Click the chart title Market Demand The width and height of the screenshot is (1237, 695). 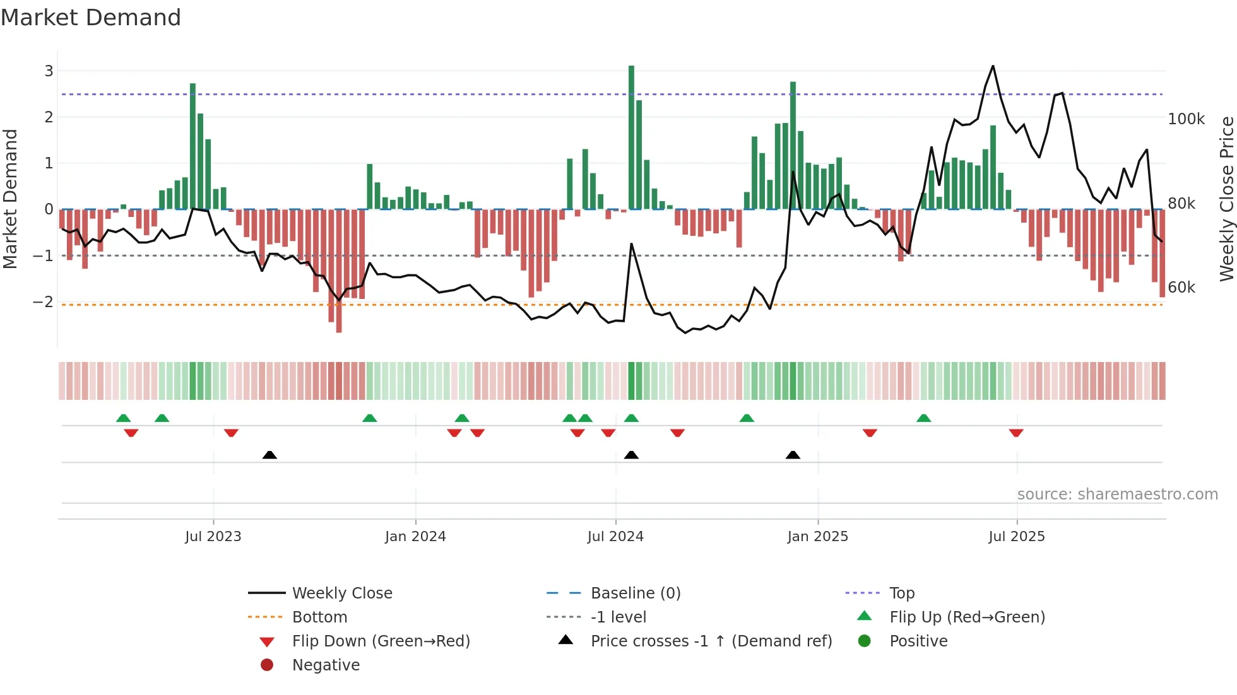pyautogui.click(x=91, y=18)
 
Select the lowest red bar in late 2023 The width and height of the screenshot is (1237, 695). pyautogui.click(x=339, y=271)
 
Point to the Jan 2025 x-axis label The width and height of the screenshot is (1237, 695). pyautogui.click(x=817, y=537)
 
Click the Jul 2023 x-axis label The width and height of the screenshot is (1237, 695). pyautogui.click(x=213, y=537)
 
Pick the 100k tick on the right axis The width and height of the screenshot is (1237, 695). pyautogui.click(x=1186, y=119)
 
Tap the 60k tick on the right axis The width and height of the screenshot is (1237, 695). pyautogui.click(x=1181, y=288)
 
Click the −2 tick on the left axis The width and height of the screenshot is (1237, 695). pyautogui.click(x=44, y=302)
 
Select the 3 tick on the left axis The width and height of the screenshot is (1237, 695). pyautogui.click(x=49, y=71)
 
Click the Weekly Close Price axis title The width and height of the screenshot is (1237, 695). pyautogui.click(x=1226, y=199)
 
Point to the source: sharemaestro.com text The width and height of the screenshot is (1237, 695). pyautogui.click(x=1117, y=494)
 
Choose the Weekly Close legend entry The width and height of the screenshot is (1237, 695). pyautogui.click(x=341, y=593)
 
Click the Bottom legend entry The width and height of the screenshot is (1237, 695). pyautogui.click(x=319, y=617)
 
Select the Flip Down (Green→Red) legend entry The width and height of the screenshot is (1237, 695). pyautogui.click(x=381, y=641)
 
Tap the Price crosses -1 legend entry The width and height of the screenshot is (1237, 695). pyautogui.click(x=711, y=641)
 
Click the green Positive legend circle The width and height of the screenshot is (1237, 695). pyautogui.click(x=865, y=641)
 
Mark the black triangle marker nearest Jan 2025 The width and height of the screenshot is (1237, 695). pyautogui.click(x=793, y=455)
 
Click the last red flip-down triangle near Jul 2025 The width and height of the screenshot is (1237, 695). pyautogui.click(x=1016, y=433)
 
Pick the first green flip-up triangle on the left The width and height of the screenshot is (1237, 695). pyautogui.click(x=124, y=418)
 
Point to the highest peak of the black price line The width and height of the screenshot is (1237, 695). pyautogui.click(x=993, y=66)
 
